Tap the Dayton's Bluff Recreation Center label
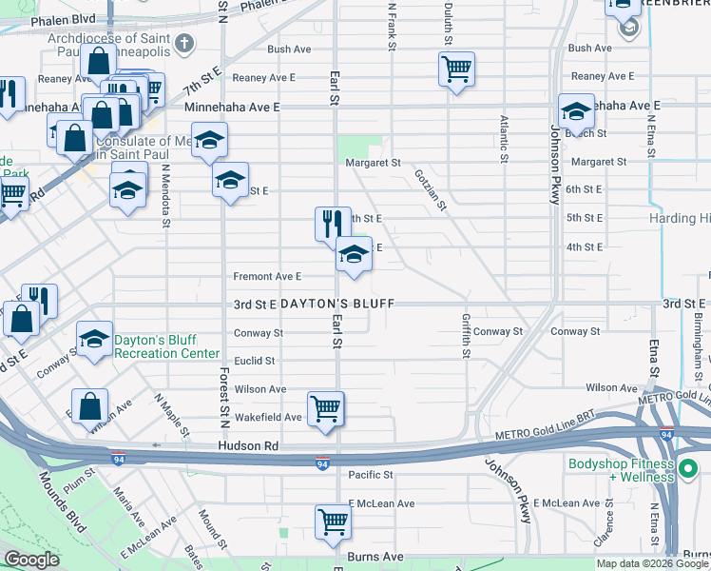click(160, 346)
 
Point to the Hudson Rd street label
click(247, 445)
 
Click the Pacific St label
click(370, 474)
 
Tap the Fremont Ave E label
click(267, 276)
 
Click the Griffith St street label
click(466, 336)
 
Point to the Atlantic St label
click(503, 138)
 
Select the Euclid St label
click(255, 361)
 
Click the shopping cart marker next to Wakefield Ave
click(325, 409)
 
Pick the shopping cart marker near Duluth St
click(456, 69)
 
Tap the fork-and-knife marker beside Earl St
click(332, 224)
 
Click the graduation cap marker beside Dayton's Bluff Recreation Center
click(94, 340)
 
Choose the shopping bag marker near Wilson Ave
click(88, 406)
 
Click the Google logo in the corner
click(31, 560)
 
